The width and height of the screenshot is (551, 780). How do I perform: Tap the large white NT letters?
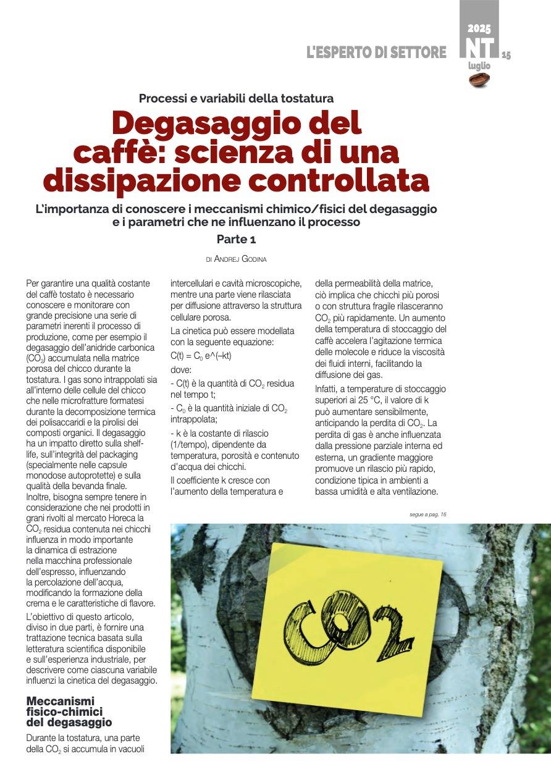[480, 48]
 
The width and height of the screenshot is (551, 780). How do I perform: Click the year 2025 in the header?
[479, 28]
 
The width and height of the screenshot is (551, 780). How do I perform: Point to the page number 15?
[506, 55]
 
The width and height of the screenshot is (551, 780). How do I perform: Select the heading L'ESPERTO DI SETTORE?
[376, 52]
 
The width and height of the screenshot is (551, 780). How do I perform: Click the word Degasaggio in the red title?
[237, 124]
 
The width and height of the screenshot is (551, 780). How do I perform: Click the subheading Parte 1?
[236, 238]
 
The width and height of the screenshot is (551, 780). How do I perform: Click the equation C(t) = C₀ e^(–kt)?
[201, 355]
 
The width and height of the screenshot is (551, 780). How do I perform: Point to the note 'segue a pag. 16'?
[427, 514]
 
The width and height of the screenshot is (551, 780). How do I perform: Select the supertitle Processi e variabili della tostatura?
[236, 98]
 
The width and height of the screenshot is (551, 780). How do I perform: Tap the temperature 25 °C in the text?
[361, 401]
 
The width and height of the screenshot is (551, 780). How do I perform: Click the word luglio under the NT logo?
[479, 65]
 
